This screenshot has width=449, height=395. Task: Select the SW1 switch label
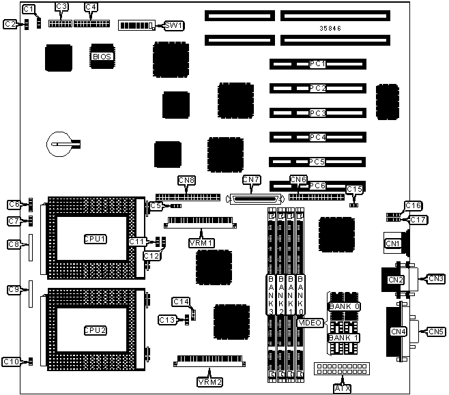174,25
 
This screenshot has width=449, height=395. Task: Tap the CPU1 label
95,239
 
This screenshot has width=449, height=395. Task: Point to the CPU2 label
95,330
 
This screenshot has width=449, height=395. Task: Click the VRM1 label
201,242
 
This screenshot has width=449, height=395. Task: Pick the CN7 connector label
252,180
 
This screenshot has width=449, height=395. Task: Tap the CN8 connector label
186,180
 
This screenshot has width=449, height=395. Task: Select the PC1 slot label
317,63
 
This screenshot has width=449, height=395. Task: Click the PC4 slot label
317,137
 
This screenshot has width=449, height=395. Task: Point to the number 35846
331,29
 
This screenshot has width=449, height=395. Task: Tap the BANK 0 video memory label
345,306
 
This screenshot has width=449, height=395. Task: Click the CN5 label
436,332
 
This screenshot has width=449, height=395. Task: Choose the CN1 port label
392,244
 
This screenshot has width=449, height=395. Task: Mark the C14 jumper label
180,302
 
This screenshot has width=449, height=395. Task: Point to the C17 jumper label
418,220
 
